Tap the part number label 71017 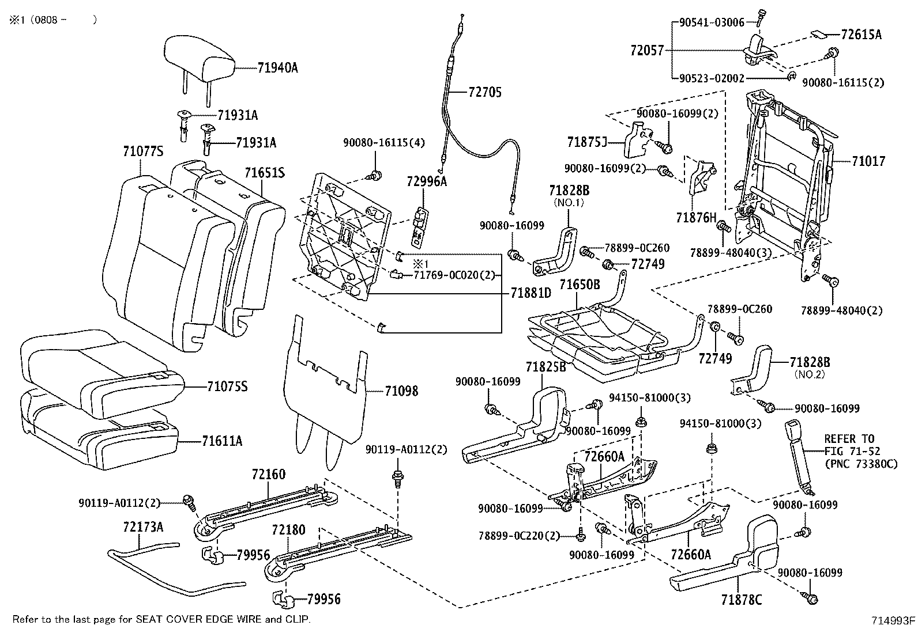pyautogui.click(x=868, y=162)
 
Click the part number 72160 pyautogui.click(x=268, y=475)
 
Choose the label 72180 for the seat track pyautogui.click(x=288, y=530)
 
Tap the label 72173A pyautogui.click(x=142, y=526)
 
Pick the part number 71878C pyautogui.click(x=741, y=600)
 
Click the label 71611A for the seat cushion pyautogui.click(x=222, y=442)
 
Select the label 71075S pyautogui.click(x=227, y=386)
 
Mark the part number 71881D pyautogui.click(x=531, y=293)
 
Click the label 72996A pyautogui.click(x=427, y=181)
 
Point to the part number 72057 pyautogui.click(x=647, y=51)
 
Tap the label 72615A pyautogui.click(x=861, y=35)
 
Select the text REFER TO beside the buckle pyautogui.click(x=849, y=439)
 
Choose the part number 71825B pyautogui.click(x=545, y=367)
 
